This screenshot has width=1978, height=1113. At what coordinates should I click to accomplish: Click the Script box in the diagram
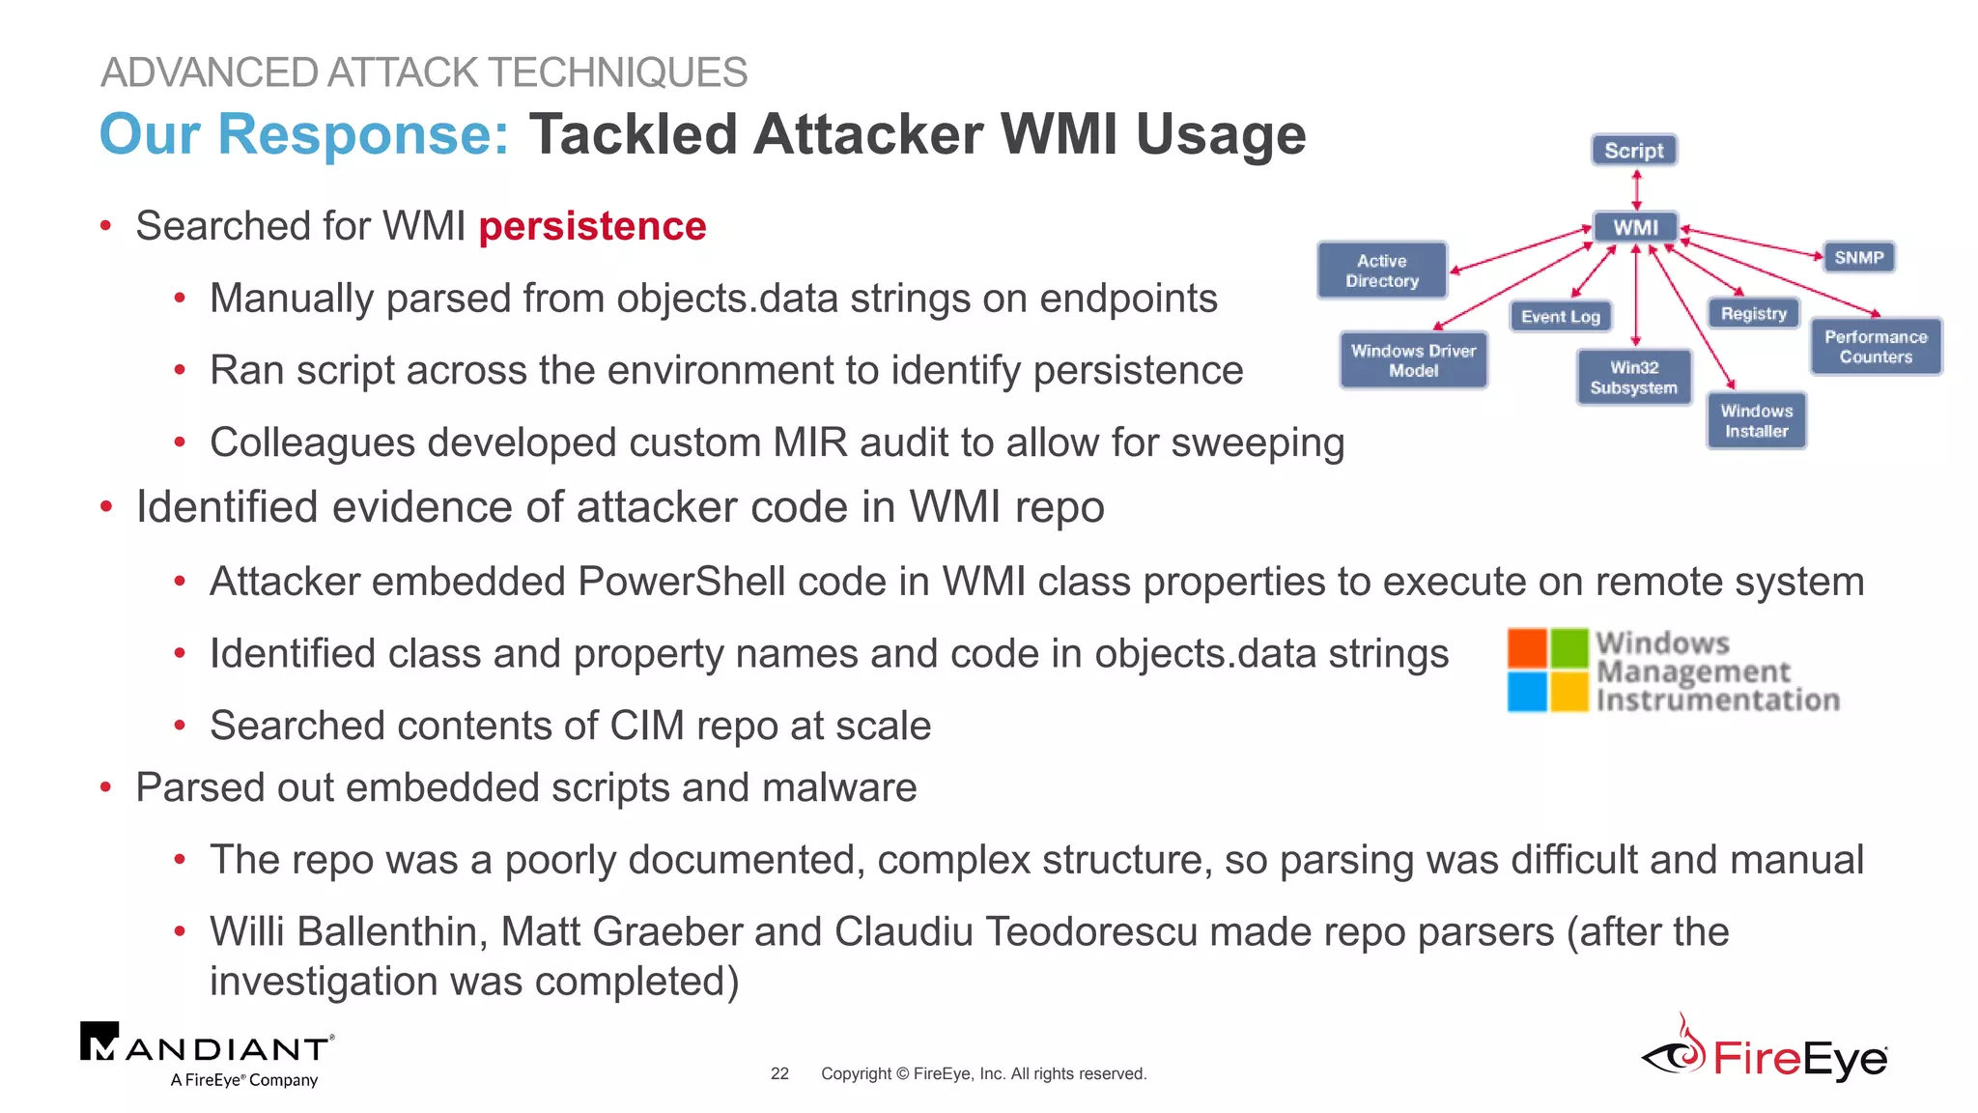pyautogui.click(x=1634, y=151)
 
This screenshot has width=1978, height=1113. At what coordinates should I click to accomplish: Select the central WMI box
pyautogui.click(x=1635, y=227)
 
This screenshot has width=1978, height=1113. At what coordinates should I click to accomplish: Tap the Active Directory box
pyautogui.click(x=1382, y=271)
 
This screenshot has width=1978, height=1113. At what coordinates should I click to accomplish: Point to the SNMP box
pyautogui.click(x=1858, y=258)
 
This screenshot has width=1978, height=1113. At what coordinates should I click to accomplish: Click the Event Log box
pyautogui.click(x=1560, y=317)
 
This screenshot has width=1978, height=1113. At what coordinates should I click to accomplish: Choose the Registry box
pyautogui.click(x=1753, y=314)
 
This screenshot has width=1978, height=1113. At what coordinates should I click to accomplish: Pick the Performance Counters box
pyautogui.click(x=1875, y=347)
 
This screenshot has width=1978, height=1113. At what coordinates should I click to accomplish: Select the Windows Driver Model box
pyautogui.click(x=1413, y=360)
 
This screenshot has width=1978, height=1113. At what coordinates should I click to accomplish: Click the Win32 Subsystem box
pyautogui.click(x=1633, y=378)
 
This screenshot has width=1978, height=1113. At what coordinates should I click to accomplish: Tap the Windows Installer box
pyautogui.click(x=1756, y=421)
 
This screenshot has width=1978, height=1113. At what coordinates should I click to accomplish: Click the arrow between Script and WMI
pyautogui.click(x=1636, y=189)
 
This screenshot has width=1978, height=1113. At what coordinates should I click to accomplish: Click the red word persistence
pyautogui.click(x=592, y=226)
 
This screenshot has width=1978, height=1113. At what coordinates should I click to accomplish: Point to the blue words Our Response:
pyautogui.click(x=303, y=134)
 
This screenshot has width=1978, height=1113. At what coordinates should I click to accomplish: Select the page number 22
pyautogui.click(x=779, y=1073)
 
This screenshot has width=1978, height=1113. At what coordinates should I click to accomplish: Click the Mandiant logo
pyautogui.click(x=207, y=1054)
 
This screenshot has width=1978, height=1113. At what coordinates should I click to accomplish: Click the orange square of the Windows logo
pyautogui.click(x=1527, y=648)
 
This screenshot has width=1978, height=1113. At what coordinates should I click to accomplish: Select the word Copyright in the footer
pyautogui.click(x=856, y=1073)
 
